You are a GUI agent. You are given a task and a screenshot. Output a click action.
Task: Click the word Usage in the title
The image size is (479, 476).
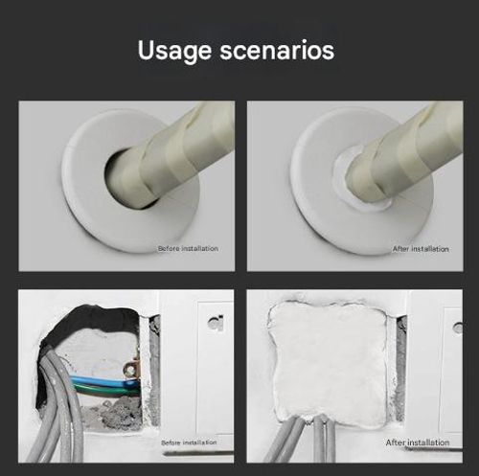[x=174, y=51]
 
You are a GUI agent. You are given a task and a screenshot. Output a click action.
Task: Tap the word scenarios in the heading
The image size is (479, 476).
[x=277, y=50]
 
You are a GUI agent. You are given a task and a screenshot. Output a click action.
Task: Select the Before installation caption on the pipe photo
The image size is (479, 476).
[x=188, y=248]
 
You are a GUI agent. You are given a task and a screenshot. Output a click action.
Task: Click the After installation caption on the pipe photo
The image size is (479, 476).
[x=421, y=249]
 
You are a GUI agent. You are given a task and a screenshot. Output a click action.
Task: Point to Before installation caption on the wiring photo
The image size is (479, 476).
[x=189, y=442]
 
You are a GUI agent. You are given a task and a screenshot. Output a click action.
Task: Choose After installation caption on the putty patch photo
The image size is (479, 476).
[x=418, y=442]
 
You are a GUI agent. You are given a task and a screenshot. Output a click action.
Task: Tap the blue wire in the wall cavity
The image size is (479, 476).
[x=103, y=380]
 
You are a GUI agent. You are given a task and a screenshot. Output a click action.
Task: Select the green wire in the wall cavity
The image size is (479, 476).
[x=105, y=389]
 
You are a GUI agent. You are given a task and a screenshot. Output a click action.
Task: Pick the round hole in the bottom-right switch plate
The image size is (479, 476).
[x=458, y=328]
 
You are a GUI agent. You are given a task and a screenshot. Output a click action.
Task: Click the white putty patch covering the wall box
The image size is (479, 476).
[x=328, y=362]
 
